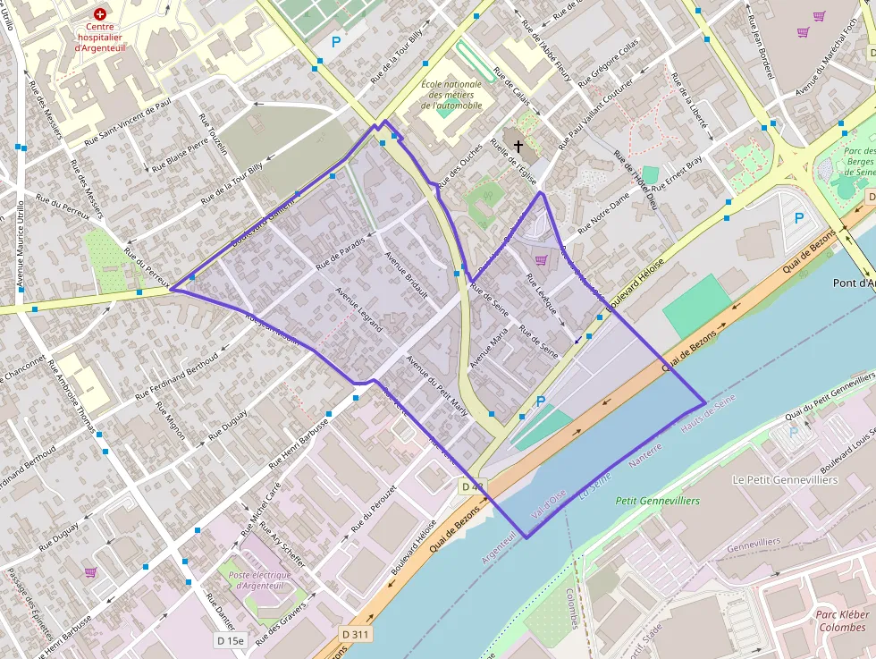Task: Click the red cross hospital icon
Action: (x=99, y=14)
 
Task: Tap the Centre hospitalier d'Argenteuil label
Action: (x=99, y=37)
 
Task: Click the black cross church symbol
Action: (x=518, y=145)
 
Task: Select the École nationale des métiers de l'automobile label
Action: (x=451, y=95)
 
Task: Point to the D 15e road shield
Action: (x=231, y=640)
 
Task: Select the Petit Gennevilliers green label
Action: (x=658, y=501)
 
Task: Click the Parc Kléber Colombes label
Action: (x=840, y=621)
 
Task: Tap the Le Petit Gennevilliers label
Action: (x=785, y=480)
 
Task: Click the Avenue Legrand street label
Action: (x=358, y=309)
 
